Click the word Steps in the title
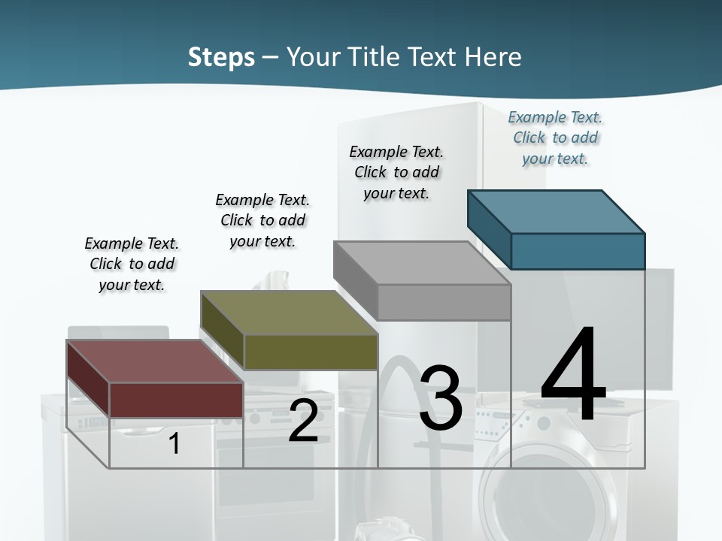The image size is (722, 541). point(221,57)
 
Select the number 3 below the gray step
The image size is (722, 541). point(441,398)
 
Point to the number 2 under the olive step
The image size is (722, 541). point(303,421)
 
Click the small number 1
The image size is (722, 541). point(174,443)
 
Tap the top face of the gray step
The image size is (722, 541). point(421,263)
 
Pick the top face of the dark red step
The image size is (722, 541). point(154,361)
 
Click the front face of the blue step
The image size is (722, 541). point(578,251)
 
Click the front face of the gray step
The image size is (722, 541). point(444,302)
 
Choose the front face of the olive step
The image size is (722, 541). point(311,352)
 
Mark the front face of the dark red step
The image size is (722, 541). point(176,400)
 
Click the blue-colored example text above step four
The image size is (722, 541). point(555,138)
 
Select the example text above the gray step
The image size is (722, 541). point(396,172)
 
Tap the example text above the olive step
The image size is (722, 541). point(262,220)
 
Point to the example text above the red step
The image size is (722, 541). point(132,264)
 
